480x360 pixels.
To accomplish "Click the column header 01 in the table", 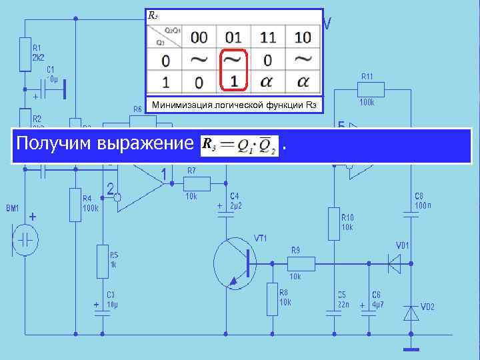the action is [233, 37].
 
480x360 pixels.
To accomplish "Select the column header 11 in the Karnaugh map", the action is [267, 37].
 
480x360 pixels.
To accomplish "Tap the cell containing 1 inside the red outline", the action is [233, 81].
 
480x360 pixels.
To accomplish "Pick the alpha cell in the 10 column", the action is [303, 81].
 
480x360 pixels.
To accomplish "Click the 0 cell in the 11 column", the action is [267, 60].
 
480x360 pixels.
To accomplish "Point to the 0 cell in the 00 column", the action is [199, 81].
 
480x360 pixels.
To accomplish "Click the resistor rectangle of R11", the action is [371, 89].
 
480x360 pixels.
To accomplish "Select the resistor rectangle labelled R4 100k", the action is [75, 204].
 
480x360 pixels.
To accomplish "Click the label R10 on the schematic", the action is [347, 217].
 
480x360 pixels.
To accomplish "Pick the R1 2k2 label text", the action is [38, 52].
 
